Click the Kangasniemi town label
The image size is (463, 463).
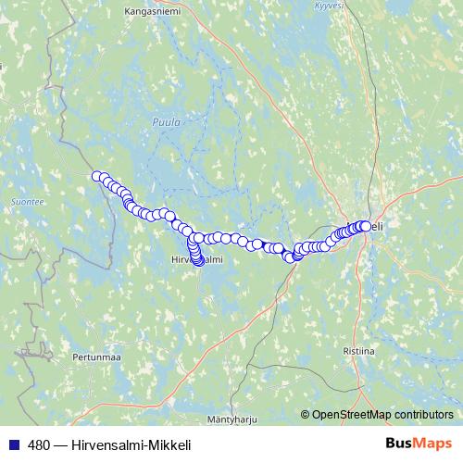click(154, 11)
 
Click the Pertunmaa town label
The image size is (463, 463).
click(96, 356)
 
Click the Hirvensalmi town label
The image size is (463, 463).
click(197, 260)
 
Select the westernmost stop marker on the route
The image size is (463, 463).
click(96, 176)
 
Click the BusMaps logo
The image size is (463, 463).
click(419, 444)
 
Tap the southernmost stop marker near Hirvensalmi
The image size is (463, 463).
click(198, 260)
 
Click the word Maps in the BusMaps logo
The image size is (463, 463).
click(433, 444)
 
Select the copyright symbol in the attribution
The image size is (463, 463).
click(306, 414)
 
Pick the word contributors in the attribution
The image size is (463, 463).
click(422, 414)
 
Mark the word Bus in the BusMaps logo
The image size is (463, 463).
click(398, 444)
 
